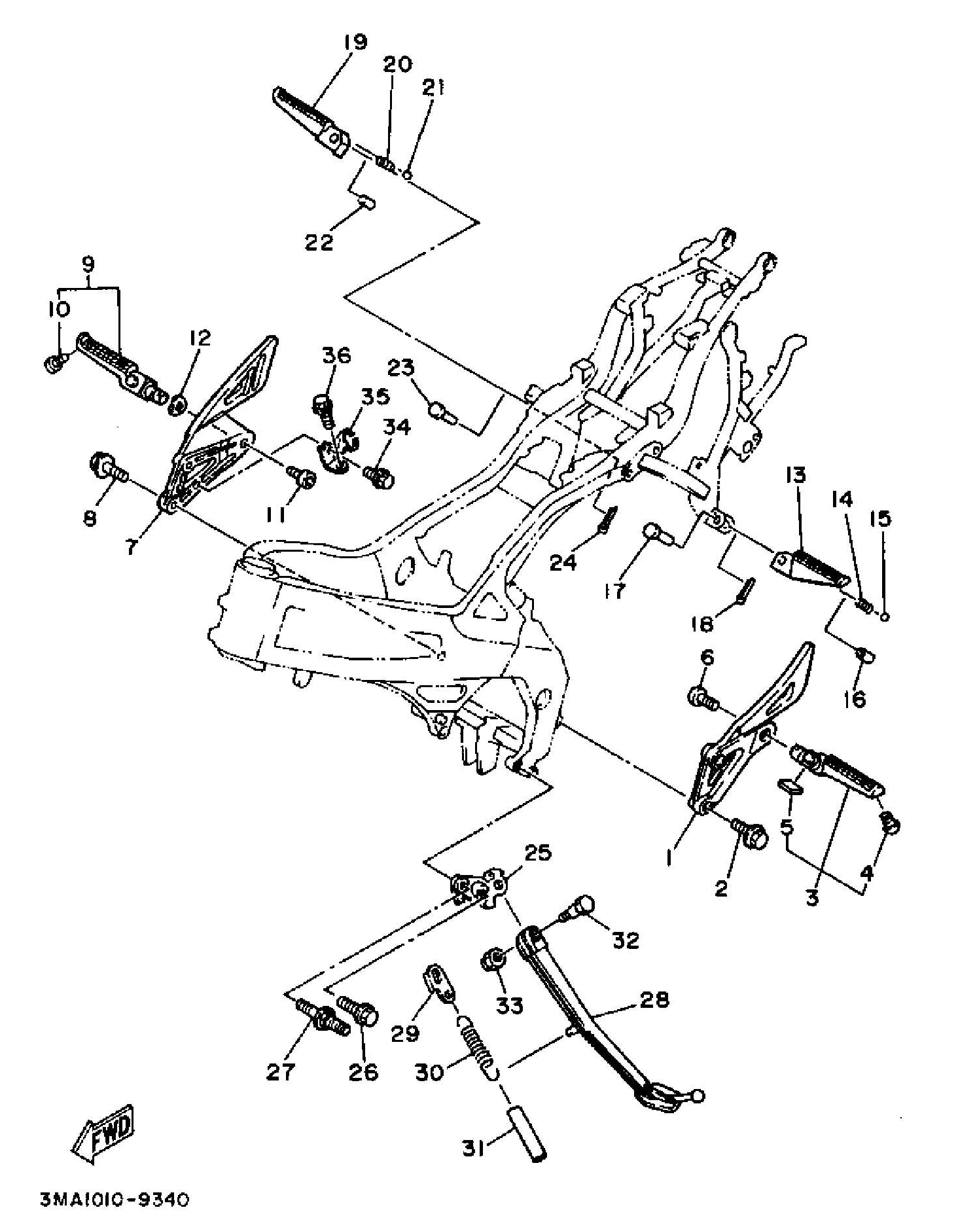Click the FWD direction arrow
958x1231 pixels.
[x=103, y=1133]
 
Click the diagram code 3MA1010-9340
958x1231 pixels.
[x=115, y=1199]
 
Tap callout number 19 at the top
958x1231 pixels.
[x=355, y=42]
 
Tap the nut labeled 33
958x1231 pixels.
[x=495, y=961]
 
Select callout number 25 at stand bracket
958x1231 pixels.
[x=537, y=853]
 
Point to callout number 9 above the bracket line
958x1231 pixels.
[x=88, y=264]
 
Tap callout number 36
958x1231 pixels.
[x=336, y=355]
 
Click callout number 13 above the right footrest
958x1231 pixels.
[x=796, y=475]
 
